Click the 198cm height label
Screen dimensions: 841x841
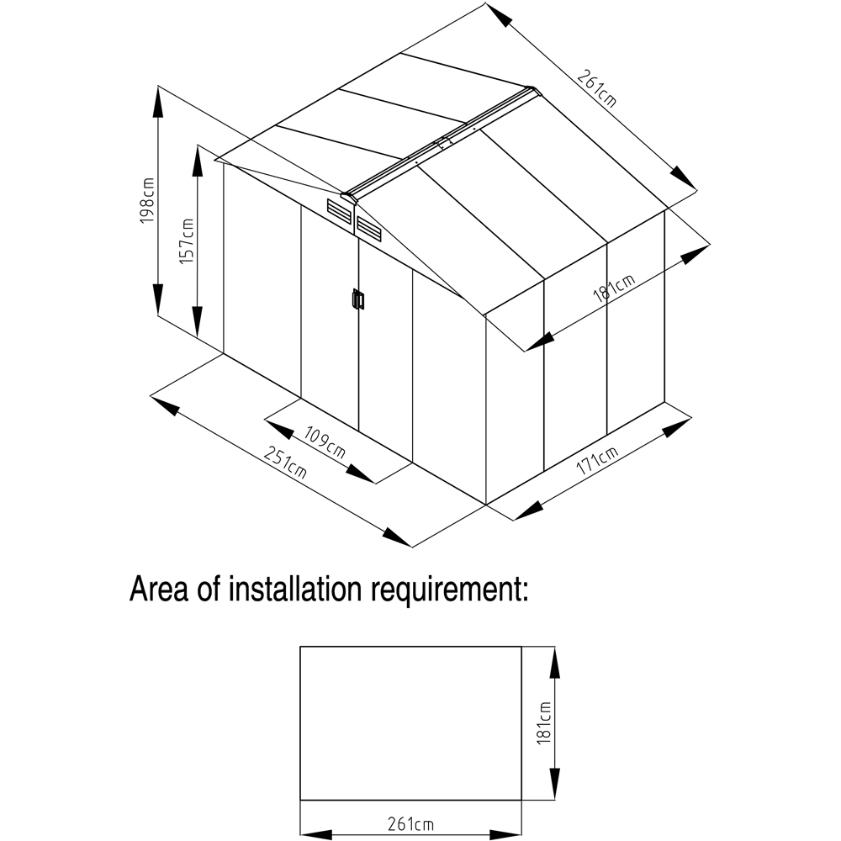pyautogui.click(x=148, y=201)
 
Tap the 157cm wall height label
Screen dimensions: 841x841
pyautogui.click(x=187, y=241)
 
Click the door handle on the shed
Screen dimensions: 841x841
pyautogui.click(x=357, y=299)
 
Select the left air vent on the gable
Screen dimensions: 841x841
pyautogui.click(x=339, y=209)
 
